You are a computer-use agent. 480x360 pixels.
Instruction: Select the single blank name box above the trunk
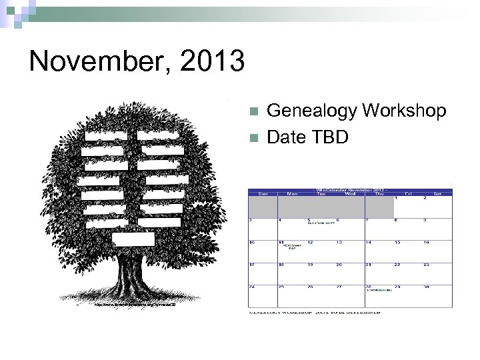[133, 239]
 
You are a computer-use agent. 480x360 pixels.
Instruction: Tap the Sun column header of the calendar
[263, 194]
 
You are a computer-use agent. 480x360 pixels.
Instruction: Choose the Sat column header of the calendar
[437, 194]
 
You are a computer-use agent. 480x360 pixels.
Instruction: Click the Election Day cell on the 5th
[321, 228]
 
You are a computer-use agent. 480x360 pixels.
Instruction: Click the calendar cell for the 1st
[408, 207]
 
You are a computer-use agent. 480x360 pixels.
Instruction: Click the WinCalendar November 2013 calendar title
[350, 188]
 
